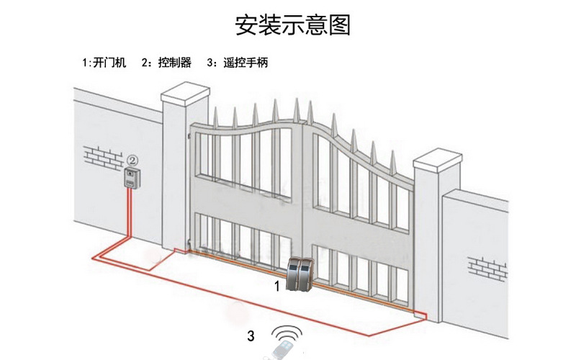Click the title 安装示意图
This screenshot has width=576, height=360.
coord(292,25)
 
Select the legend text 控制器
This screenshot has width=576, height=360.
coord(176,63)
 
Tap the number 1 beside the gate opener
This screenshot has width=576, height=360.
coord(277,286)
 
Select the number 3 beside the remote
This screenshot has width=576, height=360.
coord(251,336)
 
